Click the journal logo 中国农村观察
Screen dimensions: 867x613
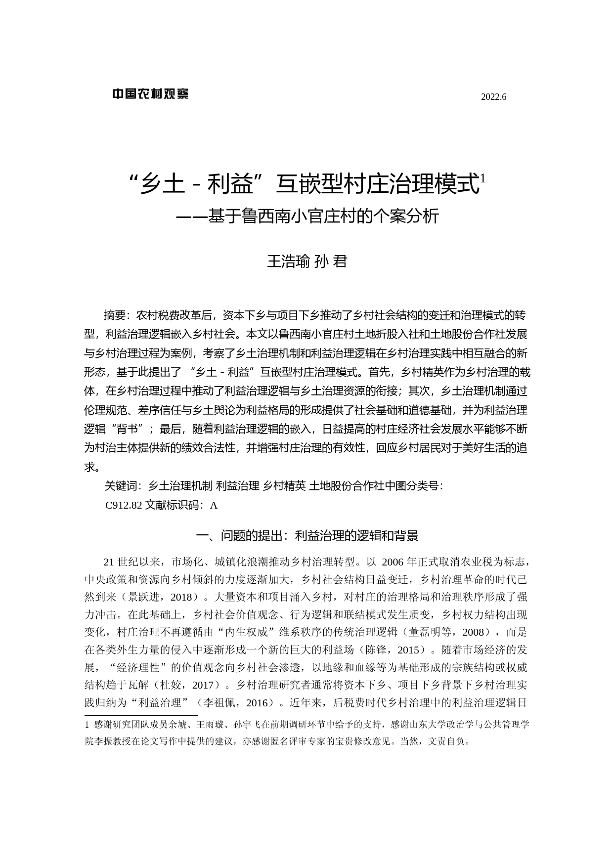(x=150, y=93)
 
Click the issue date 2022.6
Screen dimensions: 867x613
(x=493, y=97)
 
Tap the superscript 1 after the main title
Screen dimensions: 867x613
(x=483, y=178)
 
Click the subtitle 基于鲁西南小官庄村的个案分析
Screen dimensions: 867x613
(x=323, y=216)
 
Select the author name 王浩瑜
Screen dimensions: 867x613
(x=288, y=261)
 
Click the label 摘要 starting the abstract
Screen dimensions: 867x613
(x=115, y=315)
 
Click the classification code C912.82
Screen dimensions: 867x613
(x=124, y=505)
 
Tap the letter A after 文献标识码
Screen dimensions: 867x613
(x=214, y=505)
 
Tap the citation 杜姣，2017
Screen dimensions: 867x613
(x=187, y=685)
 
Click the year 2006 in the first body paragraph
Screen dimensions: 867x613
(x=393, y=562)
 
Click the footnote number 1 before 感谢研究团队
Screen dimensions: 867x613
(x=88, y=725)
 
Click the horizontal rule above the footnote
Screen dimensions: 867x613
(x=141, y=715)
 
